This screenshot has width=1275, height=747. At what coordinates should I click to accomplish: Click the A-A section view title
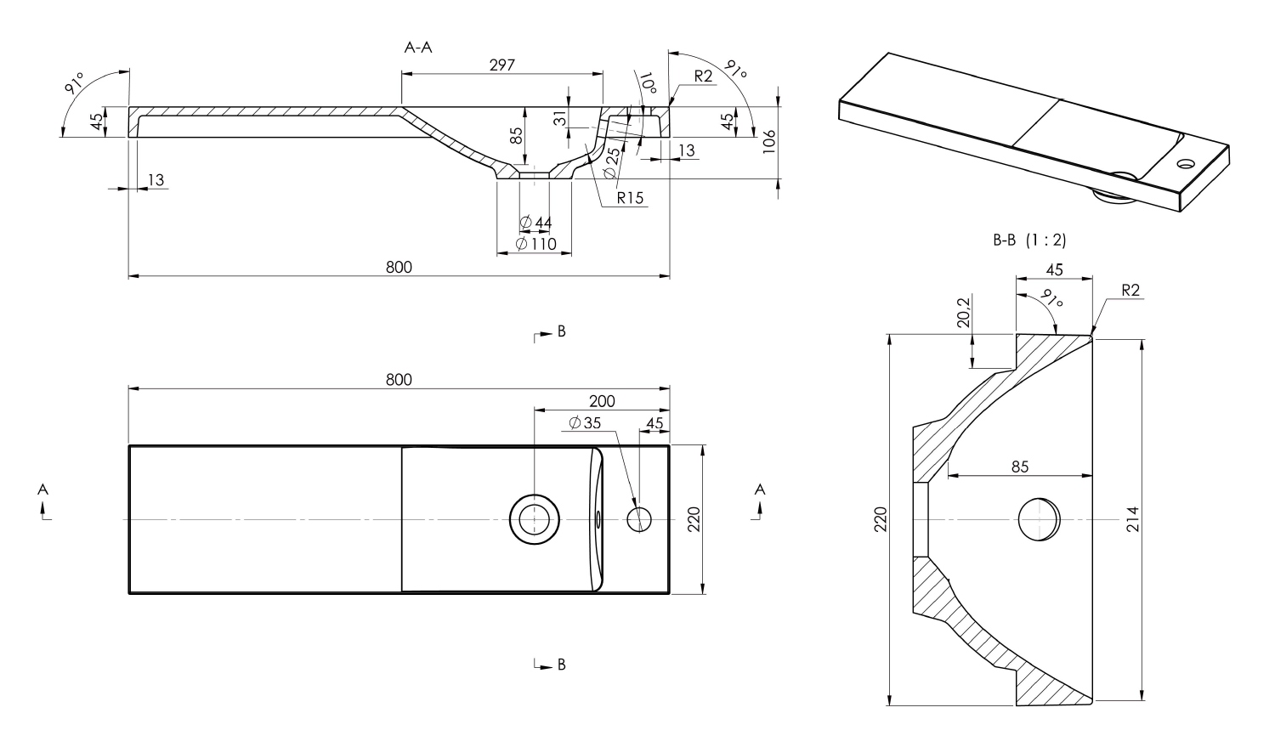(417, 48)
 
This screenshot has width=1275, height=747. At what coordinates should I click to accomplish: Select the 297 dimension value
(501, 65)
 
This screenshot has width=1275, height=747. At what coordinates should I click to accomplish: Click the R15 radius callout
(630, 198)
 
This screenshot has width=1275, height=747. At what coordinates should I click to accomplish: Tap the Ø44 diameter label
(535, 223)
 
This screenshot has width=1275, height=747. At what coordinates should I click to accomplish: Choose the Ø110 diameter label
(535, 245)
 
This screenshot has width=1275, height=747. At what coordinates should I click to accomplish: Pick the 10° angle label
(649, 83)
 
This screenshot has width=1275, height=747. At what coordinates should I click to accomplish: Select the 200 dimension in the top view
(602, 401)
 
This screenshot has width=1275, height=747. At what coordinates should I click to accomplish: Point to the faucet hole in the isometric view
(1186, 161)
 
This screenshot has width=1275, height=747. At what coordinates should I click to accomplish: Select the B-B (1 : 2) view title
(1029, 241)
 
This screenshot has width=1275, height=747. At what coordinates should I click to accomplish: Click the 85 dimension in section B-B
(1020, 467)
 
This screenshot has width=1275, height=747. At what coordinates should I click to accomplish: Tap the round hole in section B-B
(1039, 519)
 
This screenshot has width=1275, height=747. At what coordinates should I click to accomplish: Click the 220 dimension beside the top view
(693, 518)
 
